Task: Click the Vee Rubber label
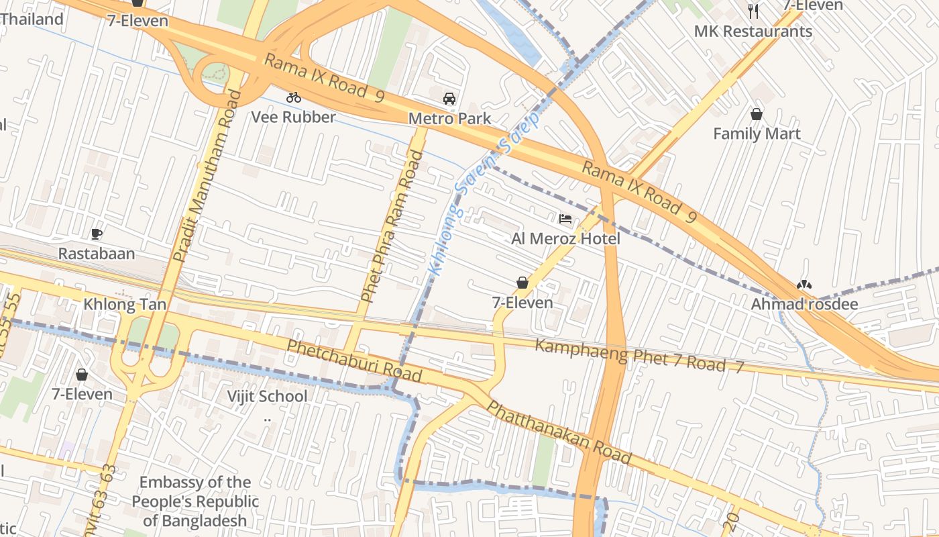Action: [x=293, y=117]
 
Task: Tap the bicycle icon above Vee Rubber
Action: [x=293, y=97]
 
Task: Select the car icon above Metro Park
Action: [x=449, y=99]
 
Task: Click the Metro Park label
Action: [x=449, y=119]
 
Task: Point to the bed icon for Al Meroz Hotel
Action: [x=565, y=218]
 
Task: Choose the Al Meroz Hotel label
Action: [x=565, y=239]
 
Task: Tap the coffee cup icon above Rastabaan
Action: [x=97, y=234]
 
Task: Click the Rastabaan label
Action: [x=97, y=254]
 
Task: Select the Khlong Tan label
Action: [x=125, y=304]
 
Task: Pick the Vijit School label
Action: [x=267, y=396]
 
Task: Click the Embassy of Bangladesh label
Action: [x=195, y=501]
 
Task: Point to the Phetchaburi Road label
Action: [x=354, y=360]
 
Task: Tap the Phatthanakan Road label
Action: [x=558, y=433]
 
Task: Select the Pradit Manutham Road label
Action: [x=207, y=176]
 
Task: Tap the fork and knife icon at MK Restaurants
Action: [x=753, y=11]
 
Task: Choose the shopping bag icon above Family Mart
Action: [x=757, y=114]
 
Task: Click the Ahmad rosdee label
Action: [x=804, y=304]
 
